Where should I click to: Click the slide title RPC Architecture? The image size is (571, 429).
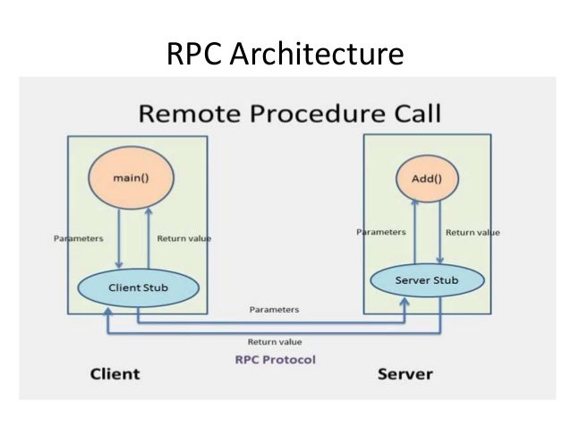(x=285, y=55)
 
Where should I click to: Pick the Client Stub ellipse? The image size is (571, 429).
(x=137, y=287)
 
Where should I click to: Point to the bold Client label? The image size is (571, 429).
(x=115, y=373)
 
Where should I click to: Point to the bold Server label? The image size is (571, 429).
(x=405, y=373)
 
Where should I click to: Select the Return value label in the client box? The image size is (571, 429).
(x=183, y=239)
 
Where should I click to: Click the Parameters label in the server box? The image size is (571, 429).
(x=381, y=232)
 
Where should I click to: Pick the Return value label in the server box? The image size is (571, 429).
(x=473, y=232)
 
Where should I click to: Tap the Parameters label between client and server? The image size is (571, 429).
(x=274, y=310)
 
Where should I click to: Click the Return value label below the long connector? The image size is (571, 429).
(x=274, y=341)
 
